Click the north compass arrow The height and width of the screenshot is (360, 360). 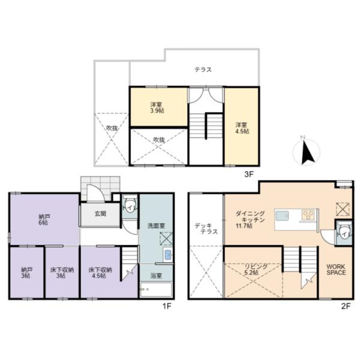pos(307,153)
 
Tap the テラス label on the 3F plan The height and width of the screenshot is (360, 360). pos(203,70)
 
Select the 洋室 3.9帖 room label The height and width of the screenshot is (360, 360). pos(157,107)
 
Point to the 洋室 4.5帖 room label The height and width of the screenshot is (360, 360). pos(242,128)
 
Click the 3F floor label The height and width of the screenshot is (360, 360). pos(248,175)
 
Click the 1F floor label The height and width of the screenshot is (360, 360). pos(167,307)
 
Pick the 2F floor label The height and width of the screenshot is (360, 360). pos(346,307)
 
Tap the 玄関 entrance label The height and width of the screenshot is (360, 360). pos(100,214)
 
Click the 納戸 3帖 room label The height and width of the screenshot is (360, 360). pos(26,272)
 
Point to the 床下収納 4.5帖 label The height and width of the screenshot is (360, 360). pos(100,272)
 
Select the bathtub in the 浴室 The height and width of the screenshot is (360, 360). pos(156,290)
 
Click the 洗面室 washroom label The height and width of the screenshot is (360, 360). pos(156,226)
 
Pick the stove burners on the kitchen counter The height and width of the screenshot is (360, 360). pos(308,215)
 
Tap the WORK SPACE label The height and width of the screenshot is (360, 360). pos(336,269)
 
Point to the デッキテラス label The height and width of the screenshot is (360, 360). pos(206,229)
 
